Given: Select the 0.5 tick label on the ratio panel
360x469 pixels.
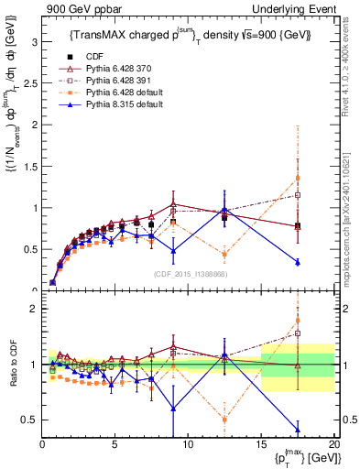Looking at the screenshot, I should [x=29, y=420].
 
